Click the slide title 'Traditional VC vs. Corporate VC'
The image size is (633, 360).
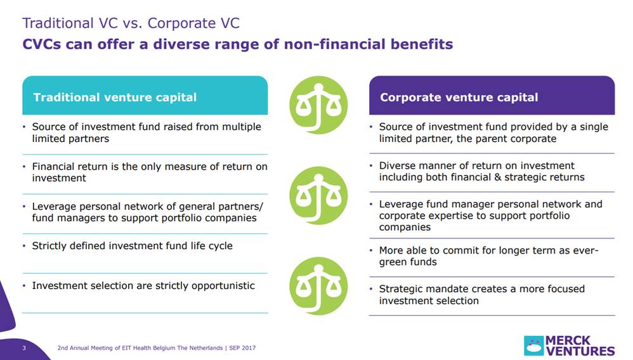pyautogui.click(x=131, y=23)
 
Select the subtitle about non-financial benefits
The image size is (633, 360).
pyautogui.click(x=237, y=44)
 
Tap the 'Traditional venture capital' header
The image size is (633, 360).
pyautogui.click(x=115, y=97)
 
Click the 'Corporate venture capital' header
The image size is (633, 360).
pyautogui.click(x=459, y=97)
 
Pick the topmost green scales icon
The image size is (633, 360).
pyautogui.click(x=318, y=105)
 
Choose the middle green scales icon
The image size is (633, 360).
pyautogui.click(x=318, y=195)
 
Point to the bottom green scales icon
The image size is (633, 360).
pyautogui.click(x=318, y=286)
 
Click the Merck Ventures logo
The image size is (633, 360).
pyautogui.click(x=569, y=345)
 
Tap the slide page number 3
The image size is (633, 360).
pyautogui.click(x=24, y=348)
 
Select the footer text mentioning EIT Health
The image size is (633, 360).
pyautogui.click(x=157, y=348)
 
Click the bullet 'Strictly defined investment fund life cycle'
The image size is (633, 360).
pyautogui.click(x=132, y=245)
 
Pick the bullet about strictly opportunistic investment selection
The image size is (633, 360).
pyautogui.click(x=143, y=286)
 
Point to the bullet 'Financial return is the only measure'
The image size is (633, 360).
pyautogui.click(x=149, y=172)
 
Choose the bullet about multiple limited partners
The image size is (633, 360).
pyautogui.click(x=146, y=132)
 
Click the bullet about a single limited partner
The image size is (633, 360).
pyautogui.click(x=493, y=132)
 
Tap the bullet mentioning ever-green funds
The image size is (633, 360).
pyautogui.click(x=488, y=256)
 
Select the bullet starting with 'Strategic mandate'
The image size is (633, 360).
pyautogui.click(x=481, y=295)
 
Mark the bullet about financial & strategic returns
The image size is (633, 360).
pyautogui.click(x=481, y=171)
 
